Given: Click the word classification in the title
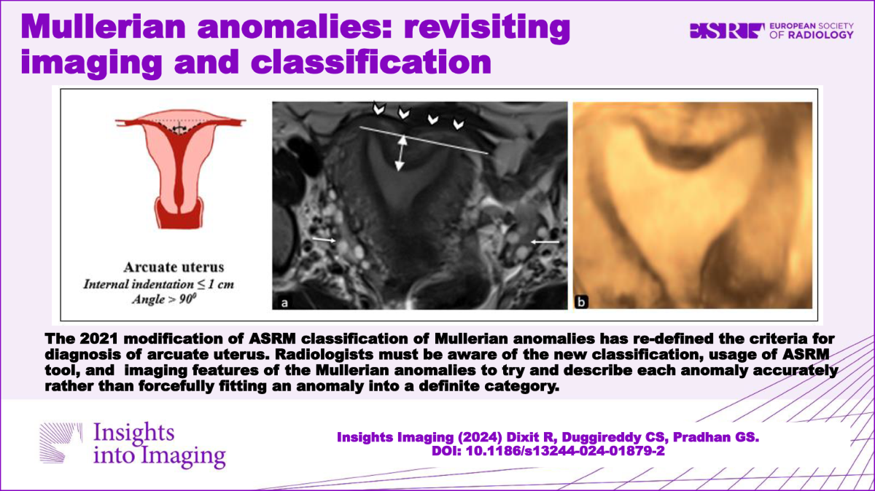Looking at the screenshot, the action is click(x=371, y=62).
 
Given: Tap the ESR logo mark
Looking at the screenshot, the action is click(x=727, y=31).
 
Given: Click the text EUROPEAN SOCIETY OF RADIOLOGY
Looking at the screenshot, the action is click(x=812, y=31).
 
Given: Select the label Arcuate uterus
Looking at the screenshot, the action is click(x=174, y=267).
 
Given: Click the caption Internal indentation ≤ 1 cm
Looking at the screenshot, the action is click(x=159, y=284).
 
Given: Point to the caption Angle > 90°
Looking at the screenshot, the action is click(x=164, y=299).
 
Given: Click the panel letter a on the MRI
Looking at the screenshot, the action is click(x=284, y=302).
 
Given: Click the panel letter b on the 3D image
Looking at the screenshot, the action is click(x=581, y=302).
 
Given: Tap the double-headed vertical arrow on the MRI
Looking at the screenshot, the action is click(x=401, y=153).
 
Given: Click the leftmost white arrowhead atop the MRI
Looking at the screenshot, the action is click(x=378, y=108).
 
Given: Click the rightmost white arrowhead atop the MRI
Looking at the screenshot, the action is click(x=458, y=124).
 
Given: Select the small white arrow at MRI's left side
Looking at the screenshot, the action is click(x=324, y=239).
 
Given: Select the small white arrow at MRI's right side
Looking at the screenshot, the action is click(x=545, y=243).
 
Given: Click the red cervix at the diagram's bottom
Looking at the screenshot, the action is click(x=179, y=216).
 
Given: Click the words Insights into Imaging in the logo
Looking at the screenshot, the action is click(x=160, y=444).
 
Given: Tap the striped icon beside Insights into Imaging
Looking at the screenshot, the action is click(x=61, y=443).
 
